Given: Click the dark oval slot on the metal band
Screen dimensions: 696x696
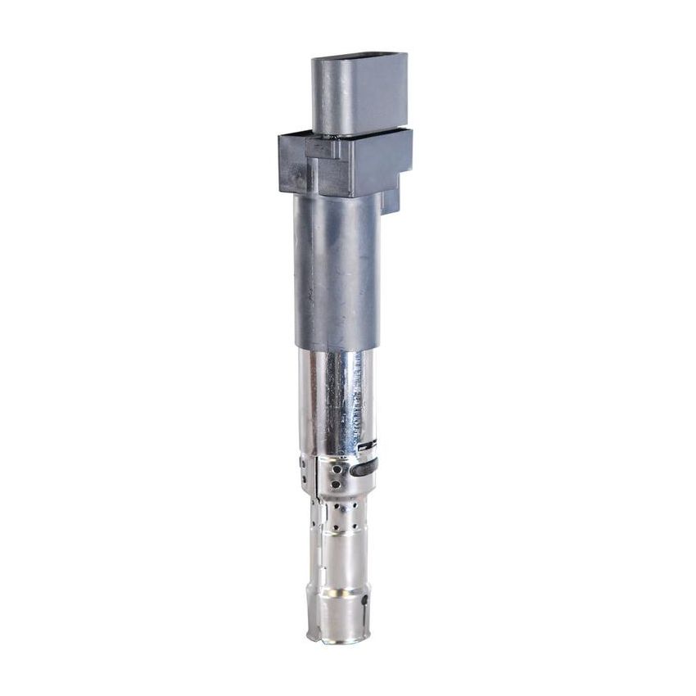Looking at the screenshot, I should tap(364, 469).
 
